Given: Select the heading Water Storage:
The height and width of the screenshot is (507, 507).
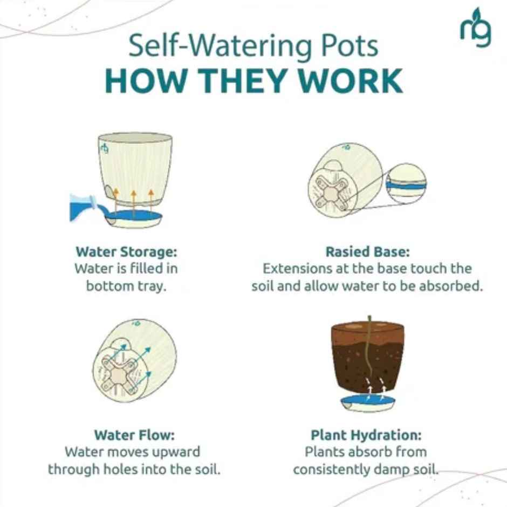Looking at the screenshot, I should (126, 251).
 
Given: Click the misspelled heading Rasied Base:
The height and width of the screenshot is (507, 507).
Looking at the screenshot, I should (367, 251).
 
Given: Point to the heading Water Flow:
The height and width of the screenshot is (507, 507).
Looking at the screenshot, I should (134, 435).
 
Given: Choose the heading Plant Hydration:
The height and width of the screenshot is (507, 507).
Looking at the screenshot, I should (366, 435).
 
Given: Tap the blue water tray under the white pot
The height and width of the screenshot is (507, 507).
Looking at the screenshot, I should (135, 218).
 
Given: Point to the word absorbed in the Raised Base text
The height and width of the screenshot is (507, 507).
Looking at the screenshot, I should (453, 286).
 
